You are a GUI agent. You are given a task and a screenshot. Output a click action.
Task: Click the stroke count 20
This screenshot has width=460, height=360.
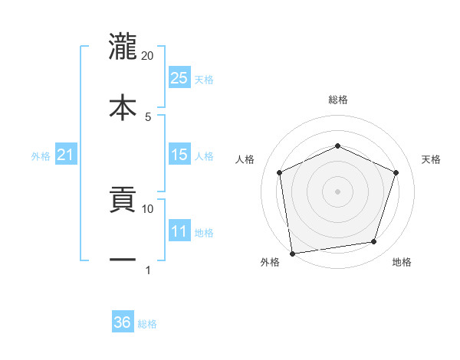[148, 56]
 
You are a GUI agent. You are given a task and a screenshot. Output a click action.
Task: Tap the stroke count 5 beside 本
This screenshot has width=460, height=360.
[148, 116]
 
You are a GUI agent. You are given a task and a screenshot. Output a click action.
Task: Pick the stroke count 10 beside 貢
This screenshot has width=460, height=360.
[148, 208]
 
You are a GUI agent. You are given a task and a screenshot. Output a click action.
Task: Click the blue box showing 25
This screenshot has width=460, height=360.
[179, 77]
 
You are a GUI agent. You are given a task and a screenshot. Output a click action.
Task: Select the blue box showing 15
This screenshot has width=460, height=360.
[179, 155]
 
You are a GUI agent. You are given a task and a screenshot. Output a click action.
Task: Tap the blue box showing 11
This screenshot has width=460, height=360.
[179, 231]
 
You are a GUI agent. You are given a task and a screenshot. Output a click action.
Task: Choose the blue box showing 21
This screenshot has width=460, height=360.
[65, 155]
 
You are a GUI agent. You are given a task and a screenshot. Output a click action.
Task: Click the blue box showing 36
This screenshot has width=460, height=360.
[123, 322]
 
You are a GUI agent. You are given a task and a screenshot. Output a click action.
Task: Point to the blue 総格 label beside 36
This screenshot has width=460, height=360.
[147, 324]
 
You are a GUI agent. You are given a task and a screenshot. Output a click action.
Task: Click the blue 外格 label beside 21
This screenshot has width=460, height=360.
[41, 156]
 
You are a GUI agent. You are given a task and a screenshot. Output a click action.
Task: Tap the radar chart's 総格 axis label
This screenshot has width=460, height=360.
[338, 100]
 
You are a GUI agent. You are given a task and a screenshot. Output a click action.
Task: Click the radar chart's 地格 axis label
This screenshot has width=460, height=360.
[402, 262]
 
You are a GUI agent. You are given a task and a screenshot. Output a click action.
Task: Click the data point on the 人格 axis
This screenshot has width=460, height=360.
[280, 172]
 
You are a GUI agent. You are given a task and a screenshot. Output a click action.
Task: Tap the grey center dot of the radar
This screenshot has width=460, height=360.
[337, 191]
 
